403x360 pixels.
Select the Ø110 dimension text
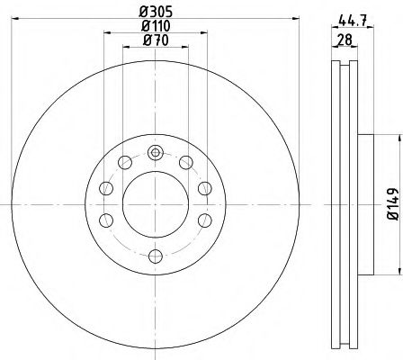click(155, 27)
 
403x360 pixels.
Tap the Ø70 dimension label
click(155, 42)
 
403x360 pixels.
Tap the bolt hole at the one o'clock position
click(186, 162)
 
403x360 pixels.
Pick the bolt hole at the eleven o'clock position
click(123, 162)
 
